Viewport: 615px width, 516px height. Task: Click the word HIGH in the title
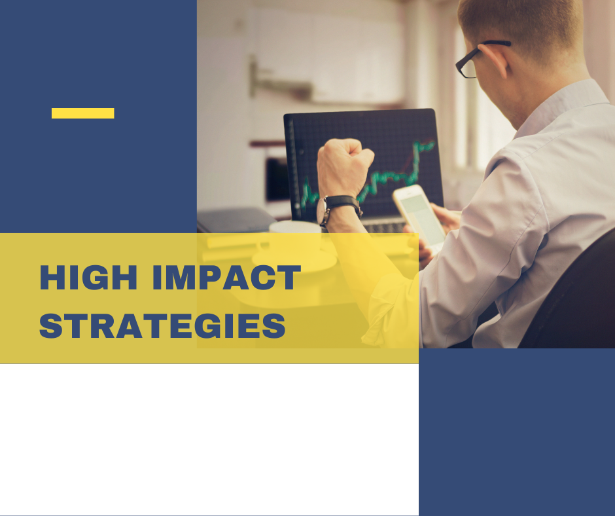click(x=88, y=277)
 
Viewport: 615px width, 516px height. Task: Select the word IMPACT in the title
click(x=226, y=277)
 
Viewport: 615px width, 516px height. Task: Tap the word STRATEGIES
click(x=162, y=325)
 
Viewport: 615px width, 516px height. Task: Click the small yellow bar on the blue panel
click(x=82, y=113)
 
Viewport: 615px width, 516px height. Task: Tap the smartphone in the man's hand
click(x=419, y=217)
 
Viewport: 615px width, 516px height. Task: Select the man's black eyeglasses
click(x=480, y=59)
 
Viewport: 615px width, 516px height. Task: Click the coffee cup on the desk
click(x=295, y=240)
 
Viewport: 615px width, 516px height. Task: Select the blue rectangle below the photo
click(x=517, y=432)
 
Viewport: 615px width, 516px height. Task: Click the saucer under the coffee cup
click(x=294, y=261)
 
